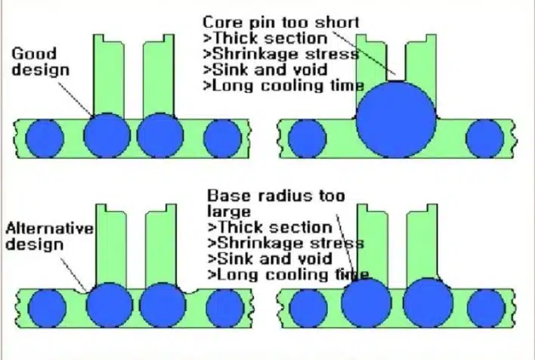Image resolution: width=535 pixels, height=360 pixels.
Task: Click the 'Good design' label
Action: pyautogui.click(x=40, y=61)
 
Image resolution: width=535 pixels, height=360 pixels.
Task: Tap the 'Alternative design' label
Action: pyautogui.click(x=49, y=236)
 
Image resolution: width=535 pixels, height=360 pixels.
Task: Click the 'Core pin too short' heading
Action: pyautogui.click(x=281, y=23)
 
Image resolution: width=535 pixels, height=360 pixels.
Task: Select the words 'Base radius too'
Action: pyautogui.click(x=276, y=196)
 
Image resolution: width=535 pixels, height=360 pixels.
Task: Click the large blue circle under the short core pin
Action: pyautogui.click(x=396, y=119)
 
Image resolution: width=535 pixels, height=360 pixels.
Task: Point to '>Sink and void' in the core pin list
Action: pyautogui.click(x=265, y=70)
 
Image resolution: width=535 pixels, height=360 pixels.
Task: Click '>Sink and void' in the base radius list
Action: pyautogui.click(x=270, y=259)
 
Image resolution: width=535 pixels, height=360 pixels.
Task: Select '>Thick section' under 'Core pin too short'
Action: pyautogui.click(x=265, y=39)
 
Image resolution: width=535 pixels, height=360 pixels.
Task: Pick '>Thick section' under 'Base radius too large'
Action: pyautogui.click(x=270, y=227)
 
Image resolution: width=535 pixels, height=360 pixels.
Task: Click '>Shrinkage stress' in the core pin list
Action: pyautogui.click(x=281, y=54)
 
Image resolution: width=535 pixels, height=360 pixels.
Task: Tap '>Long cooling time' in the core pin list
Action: pyautogui.click(x=283, y=85)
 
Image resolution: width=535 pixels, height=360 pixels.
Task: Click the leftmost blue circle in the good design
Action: pyautogui.click(x=45, y=138)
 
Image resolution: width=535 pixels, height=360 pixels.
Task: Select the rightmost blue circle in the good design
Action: pyautogui.click(x=222, y=138)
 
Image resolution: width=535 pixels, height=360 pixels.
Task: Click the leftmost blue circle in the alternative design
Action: pyautogui.click(x=47, y=309)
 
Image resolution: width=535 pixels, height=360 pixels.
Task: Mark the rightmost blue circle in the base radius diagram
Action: pyautogui.click(x=486, y=309)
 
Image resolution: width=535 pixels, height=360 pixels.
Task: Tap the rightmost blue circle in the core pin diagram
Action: pyautogui.click(x=485, y=138)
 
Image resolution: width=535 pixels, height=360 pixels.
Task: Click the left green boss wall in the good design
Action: pyautogui.click(x=109, y=75)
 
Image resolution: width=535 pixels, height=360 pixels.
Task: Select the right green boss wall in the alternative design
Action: pyautogui.click(x=161, y=244)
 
